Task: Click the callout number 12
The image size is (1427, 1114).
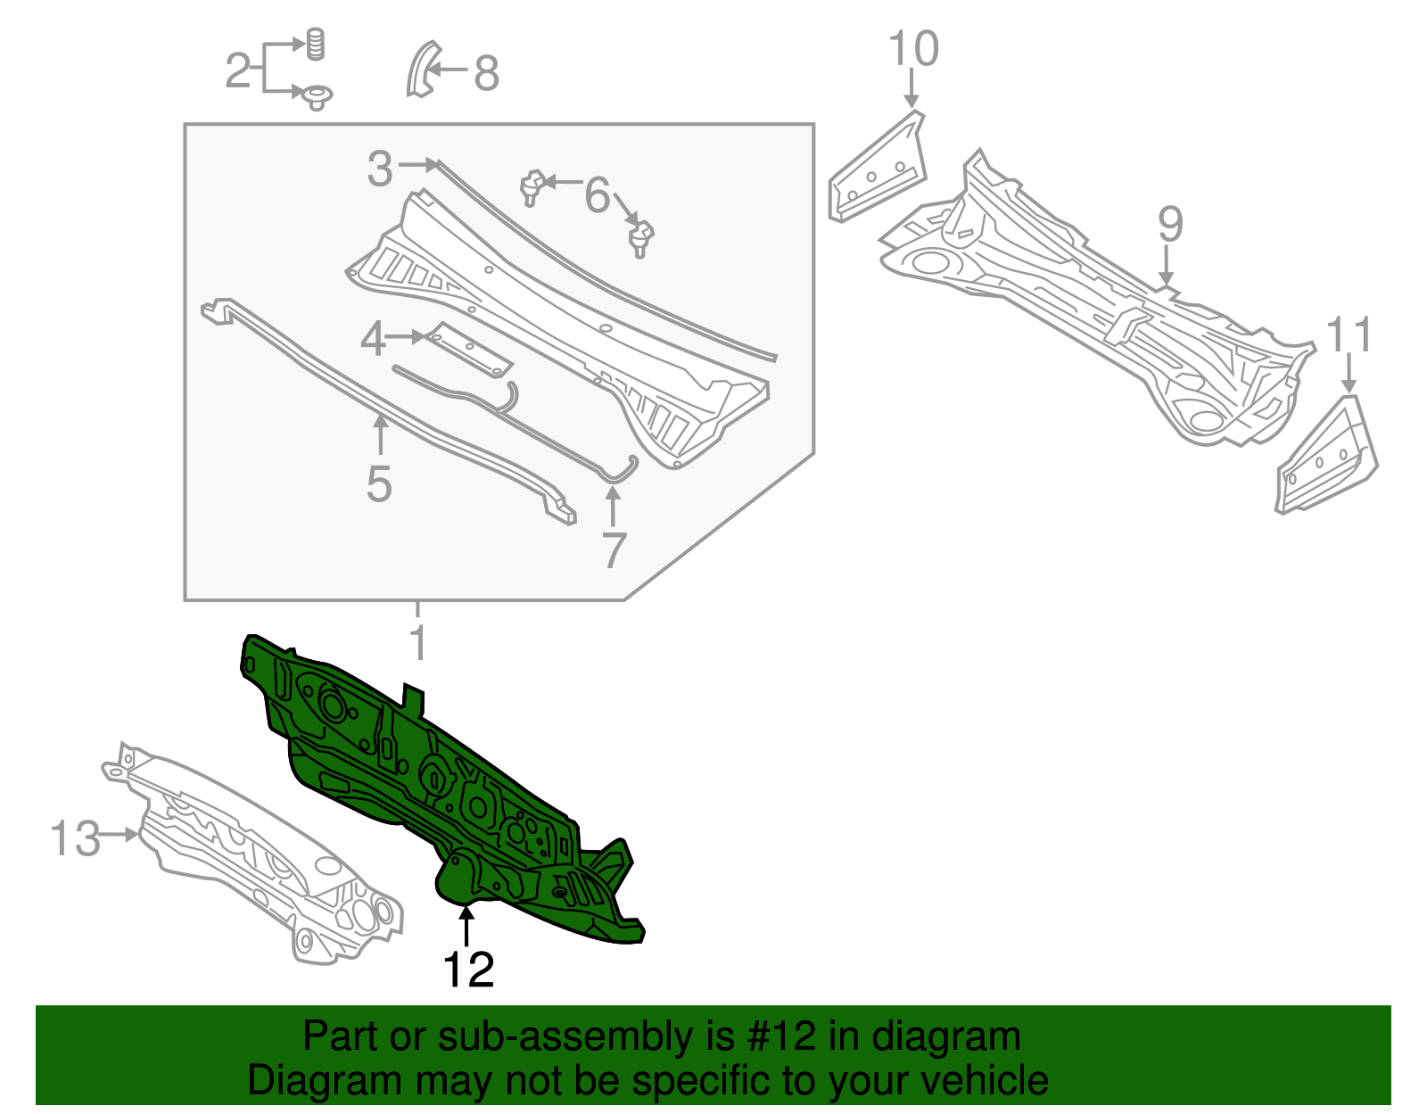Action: (x=468, y=970)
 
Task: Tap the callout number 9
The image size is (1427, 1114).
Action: (x=1170, y=225)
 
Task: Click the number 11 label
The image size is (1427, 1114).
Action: (x=1349, y=334)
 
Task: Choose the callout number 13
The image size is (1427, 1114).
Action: (x=76, y=838)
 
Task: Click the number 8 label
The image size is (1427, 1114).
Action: (x=487, y=73)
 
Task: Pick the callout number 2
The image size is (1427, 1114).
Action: (x=237, y=70)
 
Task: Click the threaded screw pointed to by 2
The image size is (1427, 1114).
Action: (x=316, y=45)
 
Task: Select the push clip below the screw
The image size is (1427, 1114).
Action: (x=317, y=98)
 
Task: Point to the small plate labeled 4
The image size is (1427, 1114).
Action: (x=470, y=350)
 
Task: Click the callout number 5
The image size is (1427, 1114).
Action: (x=379, y=484)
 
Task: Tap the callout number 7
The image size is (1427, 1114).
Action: (x=614, y=551)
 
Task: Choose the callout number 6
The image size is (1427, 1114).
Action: (x=597, y=195)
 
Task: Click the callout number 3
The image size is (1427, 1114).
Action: (x=380, y=169)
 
